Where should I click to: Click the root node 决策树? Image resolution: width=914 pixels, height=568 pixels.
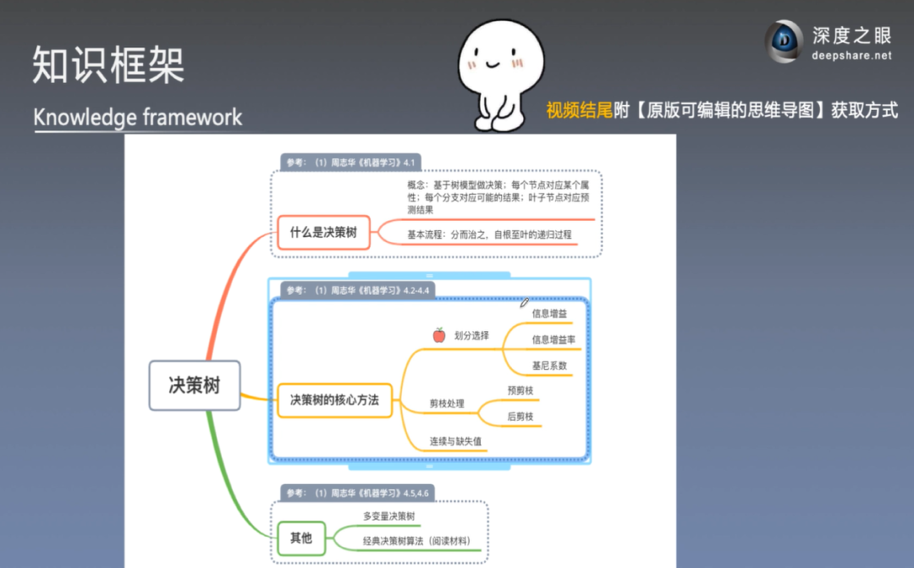[x=194, y=385]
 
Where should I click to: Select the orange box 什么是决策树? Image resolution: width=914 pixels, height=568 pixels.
[x=323, y=232]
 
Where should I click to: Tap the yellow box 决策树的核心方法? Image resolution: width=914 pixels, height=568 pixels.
[x=334, y=400]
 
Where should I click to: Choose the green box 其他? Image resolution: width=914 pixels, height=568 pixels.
[x=300, y=538]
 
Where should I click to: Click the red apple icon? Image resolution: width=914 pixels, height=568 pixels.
[x=438, y=335]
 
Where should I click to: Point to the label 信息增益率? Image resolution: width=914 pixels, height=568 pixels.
[x=553, y=339]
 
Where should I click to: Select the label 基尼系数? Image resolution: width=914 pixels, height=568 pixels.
[x=549, y=366]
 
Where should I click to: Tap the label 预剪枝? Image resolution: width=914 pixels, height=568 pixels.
[x=520, y=390]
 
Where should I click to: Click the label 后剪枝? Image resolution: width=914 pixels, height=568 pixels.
[x=520, y=416]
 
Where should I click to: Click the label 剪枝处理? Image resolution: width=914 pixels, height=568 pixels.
[x=447, y=404]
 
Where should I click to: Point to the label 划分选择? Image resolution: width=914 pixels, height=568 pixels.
[x=471, y=335]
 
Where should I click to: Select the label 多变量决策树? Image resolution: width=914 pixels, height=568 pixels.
[x=388, y=516]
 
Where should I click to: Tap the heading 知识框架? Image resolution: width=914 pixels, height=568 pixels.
[x=108, y=64]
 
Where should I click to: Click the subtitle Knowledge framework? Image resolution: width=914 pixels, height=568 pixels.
[x=138, y=117]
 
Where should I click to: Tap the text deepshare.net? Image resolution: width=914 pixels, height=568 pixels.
[x=851, y=56]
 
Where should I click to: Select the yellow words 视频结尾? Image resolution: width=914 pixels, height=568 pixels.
[x=579, y=110]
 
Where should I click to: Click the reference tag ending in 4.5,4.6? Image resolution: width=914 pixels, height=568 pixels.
[x=359, y=493]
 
